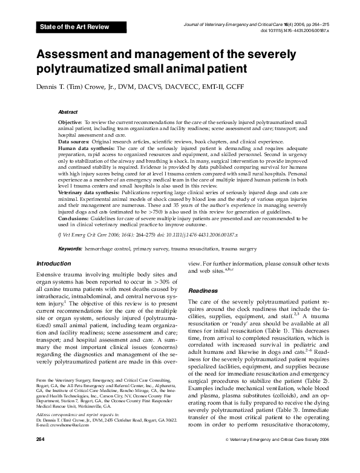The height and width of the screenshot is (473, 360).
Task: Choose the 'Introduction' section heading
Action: [x=54, y=264]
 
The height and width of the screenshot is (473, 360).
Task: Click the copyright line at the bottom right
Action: [x=286, y=455]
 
